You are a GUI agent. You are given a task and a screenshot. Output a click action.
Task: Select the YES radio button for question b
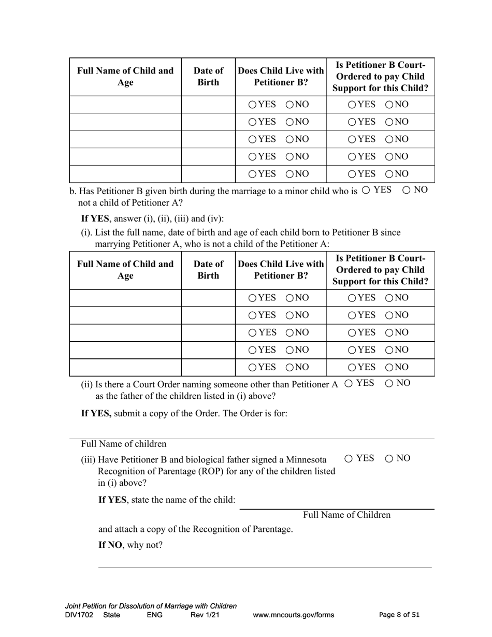[366, 190]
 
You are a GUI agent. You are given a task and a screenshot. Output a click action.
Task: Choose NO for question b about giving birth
[406, 190]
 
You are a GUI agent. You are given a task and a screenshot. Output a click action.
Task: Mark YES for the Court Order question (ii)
[349, 383]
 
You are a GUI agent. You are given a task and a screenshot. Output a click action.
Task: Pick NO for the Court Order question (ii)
[389, 383]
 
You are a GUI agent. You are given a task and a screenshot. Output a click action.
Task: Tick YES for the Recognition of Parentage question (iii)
[349, 458]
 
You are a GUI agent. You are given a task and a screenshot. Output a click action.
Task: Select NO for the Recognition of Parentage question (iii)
[389, 458]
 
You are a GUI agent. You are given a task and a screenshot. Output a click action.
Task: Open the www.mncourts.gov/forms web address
[293, 615]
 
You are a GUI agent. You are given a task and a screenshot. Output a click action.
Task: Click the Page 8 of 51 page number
[399, 615]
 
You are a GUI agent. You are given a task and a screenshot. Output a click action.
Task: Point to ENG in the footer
[154, 615]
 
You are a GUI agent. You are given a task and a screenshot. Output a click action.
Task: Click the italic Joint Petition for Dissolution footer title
[151, 606]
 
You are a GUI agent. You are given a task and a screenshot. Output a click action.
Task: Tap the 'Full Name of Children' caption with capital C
[346, 515]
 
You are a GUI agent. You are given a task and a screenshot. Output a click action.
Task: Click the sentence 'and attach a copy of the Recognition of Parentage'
[195, 529]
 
